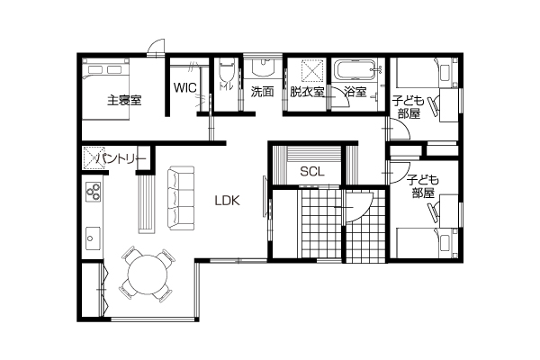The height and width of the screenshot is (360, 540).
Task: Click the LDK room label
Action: [228, 201]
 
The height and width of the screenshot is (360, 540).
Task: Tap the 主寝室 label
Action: [124, 100]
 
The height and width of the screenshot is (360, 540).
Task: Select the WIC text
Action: [184, 87]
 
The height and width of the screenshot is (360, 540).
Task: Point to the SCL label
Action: [312, 171]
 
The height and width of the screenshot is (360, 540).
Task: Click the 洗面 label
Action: [262, 92]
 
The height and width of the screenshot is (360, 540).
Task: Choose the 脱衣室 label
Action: [307, 92]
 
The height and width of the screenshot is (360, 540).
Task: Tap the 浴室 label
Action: [355, 92]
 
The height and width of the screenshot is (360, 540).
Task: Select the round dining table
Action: [148, 274]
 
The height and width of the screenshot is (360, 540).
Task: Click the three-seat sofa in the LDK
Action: [181, 198]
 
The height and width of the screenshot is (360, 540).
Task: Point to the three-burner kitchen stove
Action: [94, 192]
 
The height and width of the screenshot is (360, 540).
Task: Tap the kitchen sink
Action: [93, 238]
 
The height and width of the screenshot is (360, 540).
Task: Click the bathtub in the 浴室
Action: [355, 70]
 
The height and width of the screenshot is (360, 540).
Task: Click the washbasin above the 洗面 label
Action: [263, 67]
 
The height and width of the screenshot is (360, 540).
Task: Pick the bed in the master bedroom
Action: [105, 89]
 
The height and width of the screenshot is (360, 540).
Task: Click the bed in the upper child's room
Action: [427, 73]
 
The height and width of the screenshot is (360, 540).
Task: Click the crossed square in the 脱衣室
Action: [313, 71]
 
